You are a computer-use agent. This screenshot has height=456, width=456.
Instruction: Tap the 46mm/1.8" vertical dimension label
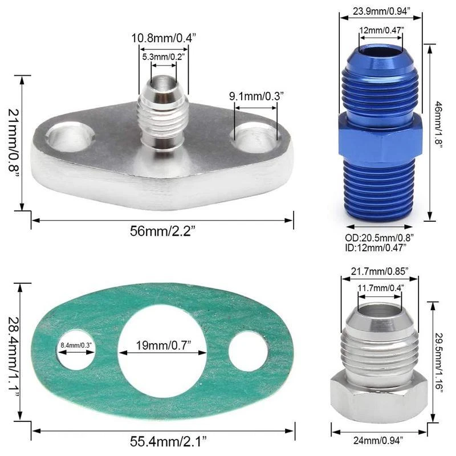[x=439, y=130]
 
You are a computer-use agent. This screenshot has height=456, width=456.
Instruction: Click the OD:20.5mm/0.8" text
[x=380, y=237]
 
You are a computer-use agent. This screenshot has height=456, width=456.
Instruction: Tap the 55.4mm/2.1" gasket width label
[x=162, y=440]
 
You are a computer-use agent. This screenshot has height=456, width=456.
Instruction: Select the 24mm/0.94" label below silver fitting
[x=378, y=440]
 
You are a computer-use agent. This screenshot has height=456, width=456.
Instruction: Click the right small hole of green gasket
[x=248, y=351]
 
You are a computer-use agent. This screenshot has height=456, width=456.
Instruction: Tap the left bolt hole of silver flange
[x=70, y=137]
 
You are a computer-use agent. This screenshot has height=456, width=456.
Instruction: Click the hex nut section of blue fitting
[x=380, y=133]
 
